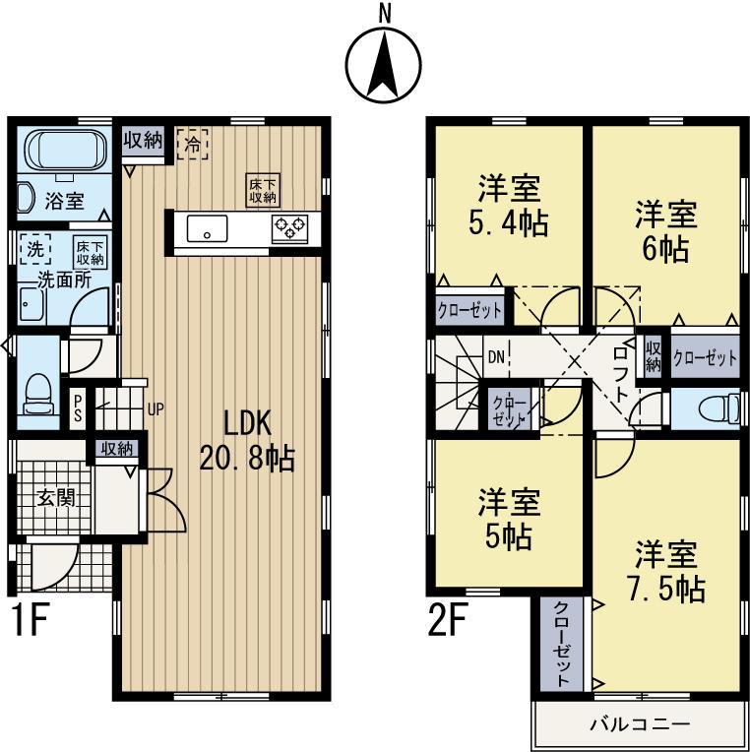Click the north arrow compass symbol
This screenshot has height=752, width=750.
[382, 60]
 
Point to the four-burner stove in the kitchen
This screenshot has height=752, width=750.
[289, 227]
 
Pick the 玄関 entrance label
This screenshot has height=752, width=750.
[56, 497]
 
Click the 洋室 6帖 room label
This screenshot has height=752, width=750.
[664, 229]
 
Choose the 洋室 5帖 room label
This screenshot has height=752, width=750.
[509, 519]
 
